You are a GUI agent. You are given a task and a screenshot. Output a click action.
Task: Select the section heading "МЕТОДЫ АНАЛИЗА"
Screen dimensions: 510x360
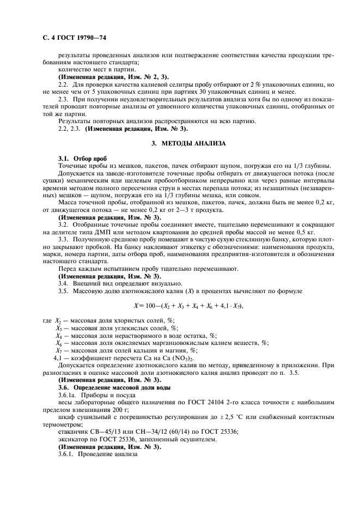pyautogui.click(x=188, y=143)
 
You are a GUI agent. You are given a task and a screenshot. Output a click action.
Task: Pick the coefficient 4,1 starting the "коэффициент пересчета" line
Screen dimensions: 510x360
pyautogui.click(x=57, y=358)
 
